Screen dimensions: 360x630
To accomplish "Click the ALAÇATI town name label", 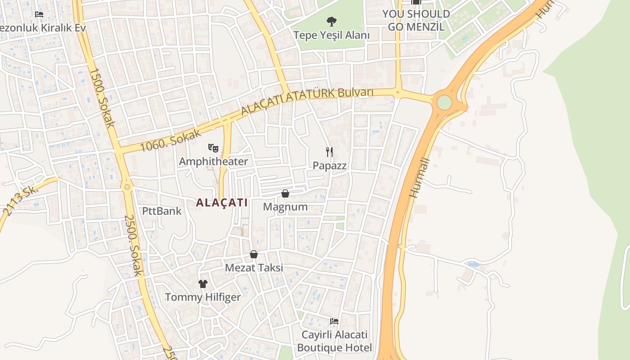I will point(222,202).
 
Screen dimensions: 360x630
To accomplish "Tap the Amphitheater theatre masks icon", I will point(213,147).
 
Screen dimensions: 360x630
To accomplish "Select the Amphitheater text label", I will point(213,162).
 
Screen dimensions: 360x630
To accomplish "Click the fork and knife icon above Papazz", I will point(330,152).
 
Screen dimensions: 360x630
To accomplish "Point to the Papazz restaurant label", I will point(330,166).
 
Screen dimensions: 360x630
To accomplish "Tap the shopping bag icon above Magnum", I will point(285,193).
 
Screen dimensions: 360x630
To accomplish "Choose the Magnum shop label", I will point(285,207).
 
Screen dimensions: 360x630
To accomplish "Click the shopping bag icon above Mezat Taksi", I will point(254,254).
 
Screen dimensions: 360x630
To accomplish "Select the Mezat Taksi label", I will point(254,268).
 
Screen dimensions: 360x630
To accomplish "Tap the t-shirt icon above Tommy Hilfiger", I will point(203,283).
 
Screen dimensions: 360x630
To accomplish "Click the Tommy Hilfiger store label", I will point(203,297).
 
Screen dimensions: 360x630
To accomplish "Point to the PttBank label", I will point(162,211).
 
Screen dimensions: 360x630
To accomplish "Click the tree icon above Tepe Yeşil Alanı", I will point(332,21).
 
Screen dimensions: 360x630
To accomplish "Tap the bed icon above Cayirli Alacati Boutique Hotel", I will point(334,321).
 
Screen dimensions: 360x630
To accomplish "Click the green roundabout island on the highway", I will point(444,103).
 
